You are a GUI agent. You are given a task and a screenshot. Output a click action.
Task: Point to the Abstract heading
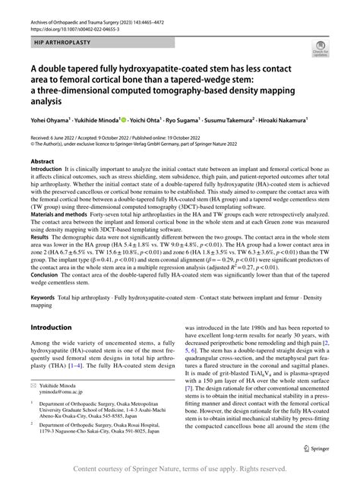(42, 162)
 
